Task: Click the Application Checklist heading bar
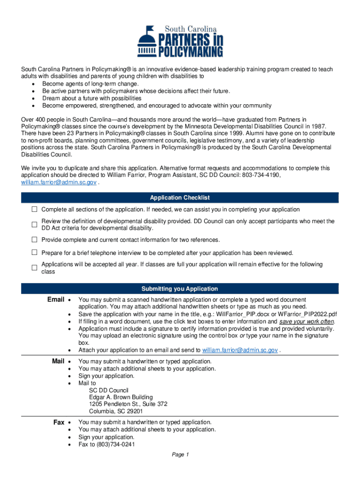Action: pyautogui.click(x=180, y=198)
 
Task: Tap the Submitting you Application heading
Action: pyautogui.click(x=180, y=289)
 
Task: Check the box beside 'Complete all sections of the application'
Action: pyautogui.click(x=34, y=209)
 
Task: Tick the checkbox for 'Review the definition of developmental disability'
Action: pyautogui.click(x=34, y=225)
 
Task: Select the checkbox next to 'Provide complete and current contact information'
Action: pyautogui.click(x=34, y=239)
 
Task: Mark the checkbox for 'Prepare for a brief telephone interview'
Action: pyautogui.click(x=34, y=253)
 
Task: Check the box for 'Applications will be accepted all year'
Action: pyautogui.click(x=34, y=268)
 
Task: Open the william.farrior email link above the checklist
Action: pyautogui.click(x=59, y=182)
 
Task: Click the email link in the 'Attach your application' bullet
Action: pyautogui.click(x=240, y=350)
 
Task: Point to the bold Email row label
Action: pyautogui.click(x=56, y=299)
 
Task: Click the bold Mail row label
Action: pyautogui.click(x=58, y=361)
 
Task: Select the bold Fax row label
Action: pyautogui.click(x=59, y=422)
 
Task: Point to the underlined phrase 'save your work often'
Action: pyautogui.click(x=307, y=322)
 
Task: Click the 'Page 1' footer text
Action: pyautogui.click(x=180, y=455)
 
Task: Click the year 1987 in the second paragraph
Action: pyautogui.click(x=318, y=127)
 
